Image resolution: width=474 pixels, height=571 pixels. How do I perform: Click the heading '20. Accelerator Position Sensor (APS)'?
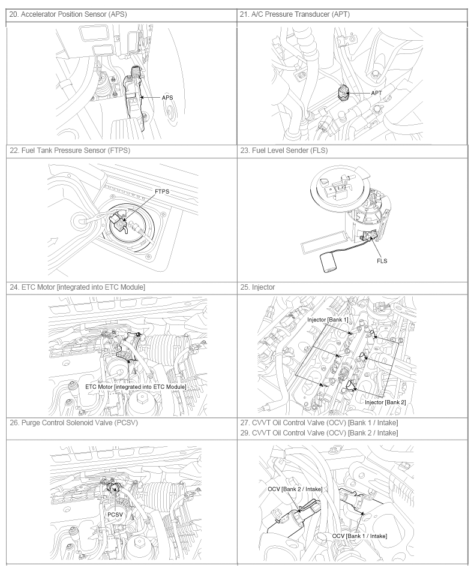click(x=68, y=14)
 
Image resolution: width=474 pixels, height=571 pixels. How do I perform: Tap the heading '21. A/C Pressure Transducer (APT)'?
click(x=295, y=14)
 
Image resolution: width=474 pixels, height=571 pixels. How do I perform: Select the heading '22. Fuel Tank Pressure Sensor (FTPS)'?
click(x=70, y=151)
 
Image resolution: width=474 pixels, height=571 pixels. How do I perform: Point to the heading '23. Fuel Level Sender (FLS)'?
click(x=284, y=151)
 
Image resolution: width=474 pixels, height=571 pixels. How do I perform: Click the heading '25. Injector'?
click(x=257, y=287)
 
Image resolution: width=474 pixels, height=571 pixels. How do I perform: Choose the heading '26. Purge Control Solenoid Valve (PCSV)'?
click(x=74, y=423)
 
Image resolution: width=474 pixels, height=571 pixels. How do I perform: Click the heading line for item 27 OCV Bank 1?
click(x=319, y=423)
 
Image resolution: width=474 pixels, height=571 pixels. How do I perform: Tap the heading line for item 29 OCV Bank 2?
click(x=319, y=433)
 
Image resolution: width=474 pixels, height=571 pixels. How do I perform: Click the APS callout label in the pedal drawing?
click(x=167, y=98)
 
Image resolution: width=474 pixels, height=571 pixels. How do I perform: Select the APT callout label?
click(x=376, y=93)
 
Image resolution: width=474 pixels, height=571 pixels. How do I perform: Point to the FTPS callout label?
click(x=162, y=191)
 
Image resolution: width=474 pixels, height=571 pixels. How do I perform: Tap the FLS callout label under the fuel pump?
click(x=382, y=261)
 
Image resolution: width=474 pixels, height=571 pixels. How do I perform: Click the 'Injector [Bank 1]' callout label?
click(x=328, y=320)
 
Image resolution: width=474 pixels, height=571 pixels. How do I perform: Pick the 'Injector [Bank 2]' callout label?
click(x=385, y=402)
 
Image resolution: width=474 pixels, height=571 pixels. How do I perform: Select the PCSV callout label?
click(x=115, y=515)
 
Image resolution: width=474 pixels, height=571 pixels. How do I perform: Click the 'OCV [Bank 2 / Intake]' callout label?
click(x=295, y=489)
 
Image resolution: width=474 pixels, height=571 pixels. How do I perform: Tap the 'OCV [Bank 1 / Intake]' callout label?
click(x=359, y=536)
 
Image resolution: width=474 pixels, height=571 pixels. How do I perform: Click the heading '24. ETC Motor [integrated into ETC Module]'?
click(x=77, y=287)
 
